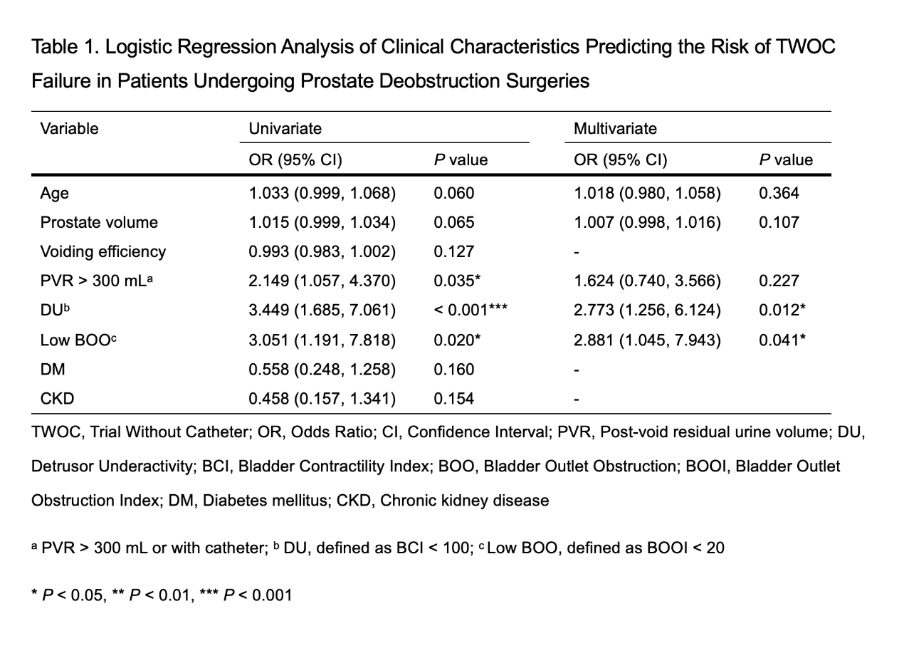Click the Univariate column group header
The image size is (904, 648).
coord(285,129)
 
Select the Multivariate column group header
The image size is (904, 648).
coord(615,129)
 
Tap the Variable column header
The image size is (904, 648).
coord(70,129)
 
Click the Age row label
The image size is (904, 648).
coord(55,194)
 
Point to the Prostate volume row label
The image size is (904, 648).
coord(99,222)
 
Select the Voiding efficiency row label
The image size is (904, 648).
coord(103,252)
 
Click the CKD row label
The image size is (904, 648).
coord(57,399)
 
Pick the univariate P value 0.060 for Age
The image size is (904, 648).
coord(453,194)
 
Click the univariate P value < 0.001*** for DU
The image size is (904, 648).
coord(471,310)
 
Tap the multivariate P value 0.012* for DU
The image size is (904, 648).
coord(782,310)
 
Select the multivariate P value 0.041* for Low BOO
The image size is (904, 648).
coord(782,340)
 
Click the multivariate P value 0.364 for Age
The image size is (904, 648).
coord(779,194)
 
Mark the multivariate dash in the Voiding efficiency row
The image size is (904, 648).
coord(577,253)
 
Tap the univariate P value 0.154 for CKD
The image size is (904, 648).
coord(453,399)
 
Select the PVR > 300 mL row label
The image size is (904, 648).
coord(97,281)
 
